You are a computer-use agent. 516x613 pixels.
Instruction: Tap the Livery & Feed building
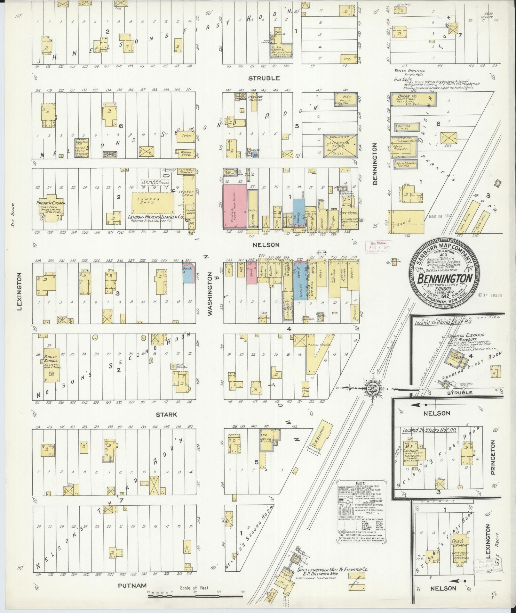point(340,146)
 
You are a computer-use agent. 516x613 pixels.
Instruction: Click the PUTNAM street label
point(128,586)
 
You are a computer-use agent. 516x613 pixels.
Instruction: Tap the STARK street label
point(166,414)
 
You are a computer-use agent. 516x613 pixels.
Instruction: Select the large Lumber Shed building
point(153,203)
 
